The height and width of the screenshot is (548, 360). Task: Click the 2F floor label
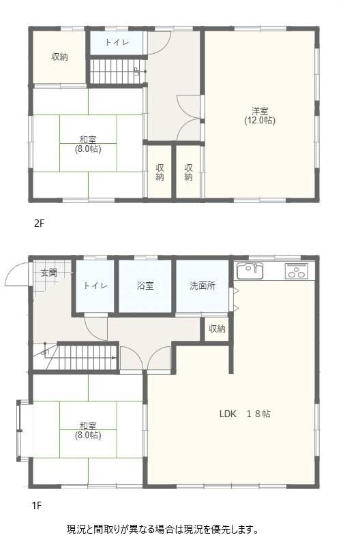click(40, 224)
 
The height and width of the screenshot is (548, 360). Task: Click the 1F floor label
click(37, 505)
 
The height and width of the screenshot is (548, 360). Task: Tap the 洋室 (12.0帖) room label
click(260, 116)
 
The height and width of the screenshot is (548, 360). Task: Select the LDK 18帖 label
click(245, 414)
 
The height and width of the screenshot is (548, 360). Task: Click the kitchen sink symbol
click(250, 270)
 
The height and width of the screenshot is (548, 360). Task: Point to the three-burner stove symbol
click(297, 271)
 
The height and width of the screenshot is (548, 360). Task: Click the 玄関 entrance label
click(49, 273)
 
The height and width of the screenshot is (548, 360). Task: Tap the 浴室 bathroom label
click(145, 286)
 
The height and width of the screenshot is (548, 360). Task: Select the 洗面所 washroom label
click(202, 286)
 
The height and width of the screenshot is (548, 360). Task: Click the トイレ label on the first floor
click(95, 286)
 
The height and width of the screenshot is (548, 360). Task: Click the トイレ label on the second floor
click(117, 43)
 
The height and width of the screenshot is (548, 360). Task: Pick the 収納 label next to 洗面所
click(217, 329)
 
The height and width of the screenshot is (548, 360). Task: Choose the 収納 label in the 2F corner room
click(60, 57)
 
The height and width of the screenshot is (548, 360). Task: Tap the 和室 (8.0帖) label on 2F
click(88, 144)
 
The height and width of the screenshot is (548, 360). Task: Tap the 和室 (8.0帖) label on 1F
click(88, 431)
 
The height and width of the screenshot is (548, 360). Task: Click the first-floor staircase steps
click(87, 357)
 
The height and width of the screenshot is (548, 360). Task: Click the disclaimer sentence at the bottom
click(163, 529)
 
